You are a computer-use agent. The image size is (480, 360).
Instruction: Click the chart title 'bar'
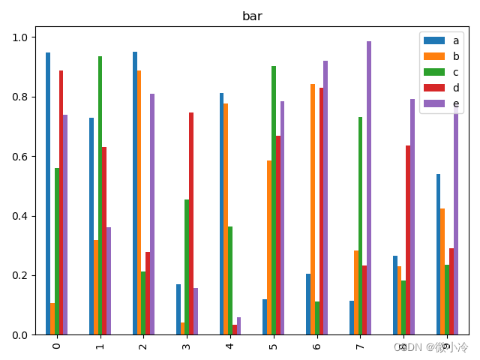(252, 16)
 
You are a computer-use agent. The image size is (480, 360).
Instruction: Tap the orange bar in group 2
(139, 202)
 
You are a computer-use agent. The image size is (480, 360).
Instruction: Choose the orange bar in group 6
(313, 209)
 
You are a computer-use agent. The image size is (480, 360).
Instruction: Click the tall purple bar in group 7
(369, 187)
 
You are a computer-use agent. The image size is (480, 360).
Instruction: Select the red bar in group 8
(408, 240)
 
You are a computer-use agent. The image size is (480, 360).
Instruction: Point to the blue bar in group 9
(438, 254)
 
